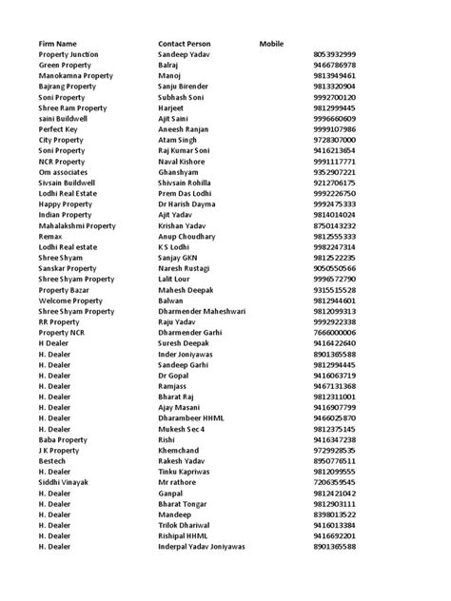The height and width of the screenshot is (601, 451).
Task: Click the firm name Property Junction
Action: click(72, 55)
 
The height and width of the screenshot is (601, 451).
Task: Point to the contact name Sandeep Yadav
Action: click(186, 55)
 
